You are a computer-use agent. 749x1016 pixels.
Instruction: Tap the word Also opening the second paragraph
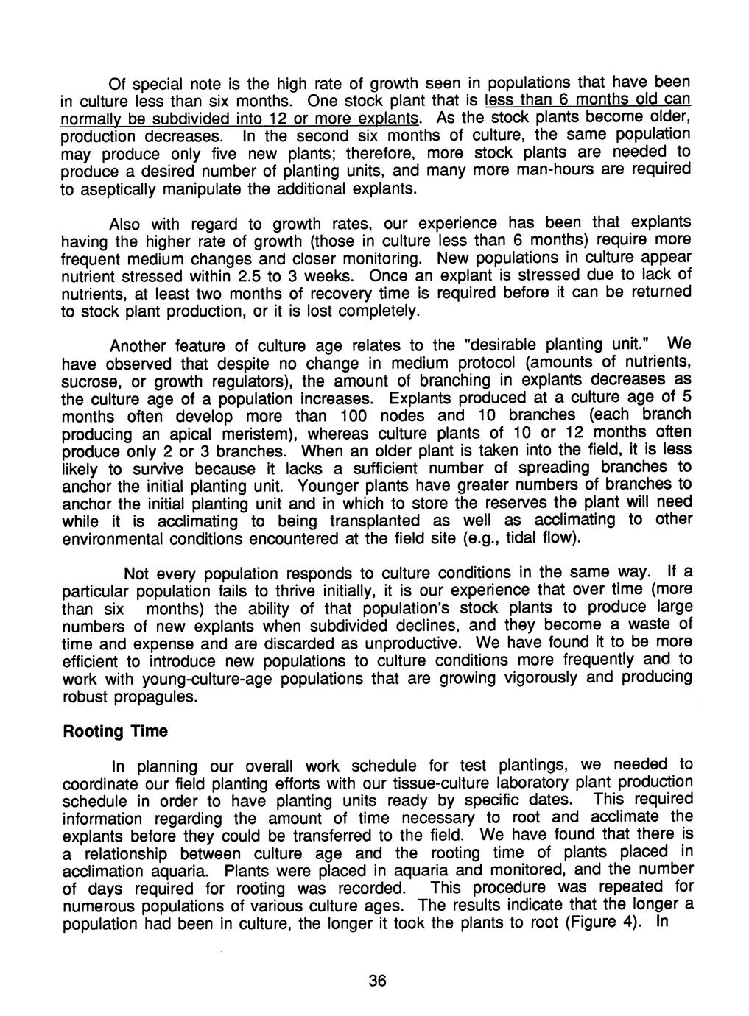pos(124,224)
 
